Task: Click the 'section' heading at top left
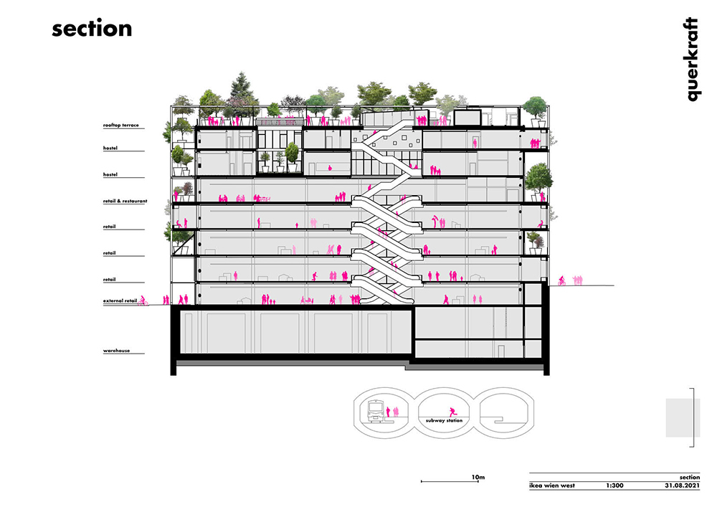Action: coord(92,29)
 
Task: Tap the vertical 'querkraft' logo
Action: coord(693,59)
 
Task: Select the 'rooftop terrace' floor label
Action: coord(120,125)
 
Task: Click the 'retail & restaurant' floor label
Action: coord(125,202)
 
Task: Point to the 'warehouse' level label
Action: coord(116,351)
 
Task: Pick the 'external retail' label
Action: coord(120,300)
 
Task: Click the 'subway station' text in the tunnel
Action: coord(444,421)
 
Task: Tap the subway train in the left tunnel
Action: coord(376,410)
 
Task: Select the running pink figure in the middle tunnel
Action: coord(452,412)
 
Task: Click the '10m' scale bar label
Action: coord(478,478)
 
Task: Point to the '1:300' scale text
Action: coord(614,485)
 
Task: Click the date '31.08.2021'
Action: coord(683,485)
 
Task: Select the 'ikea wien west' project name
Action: coord(552,485)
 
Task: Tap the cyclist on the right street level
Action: coord(561,281)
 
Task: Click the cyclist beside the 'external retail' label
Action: coord(143,300)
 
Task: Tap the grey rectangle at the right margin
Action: coord(683,418)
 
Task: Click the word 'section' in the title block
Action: coord(689,478)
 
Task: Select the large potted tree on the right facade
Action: coord(538,181)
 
